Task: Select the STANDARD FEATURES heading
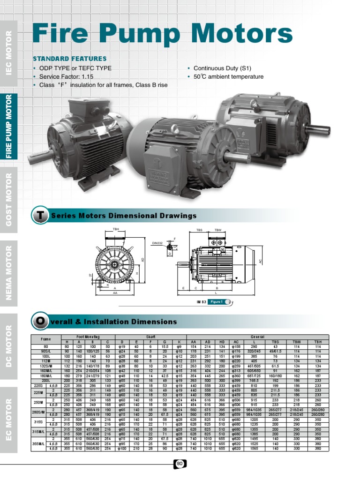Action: (69, 59)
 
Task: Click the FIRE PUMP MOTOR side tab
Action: (9, 127)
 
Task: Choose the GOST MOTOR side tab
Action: (9, 199)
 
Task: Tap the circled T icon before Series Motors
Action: (38, 216)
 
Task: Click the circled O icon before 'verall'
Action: (38, 322)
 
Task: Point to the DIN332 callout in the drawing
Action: (157, 242)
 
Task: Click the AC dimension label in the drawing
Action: (260, 261)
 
